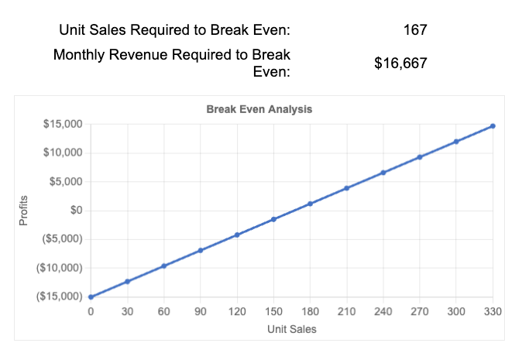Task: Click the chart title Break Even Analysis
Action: pos(259,109)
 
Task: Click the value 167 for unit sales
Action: pos(415,30)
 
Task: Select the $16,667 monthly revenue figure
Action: pos(400,63)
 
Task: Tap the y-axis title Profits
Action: pos(23,210)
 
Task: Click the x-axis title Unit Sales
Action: pos(291,329)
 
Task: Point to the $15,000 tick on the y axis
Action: pos(64,124)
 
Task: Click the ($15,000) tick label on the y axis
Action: pos(60,297)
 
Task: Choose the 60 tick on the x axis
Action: pos(163,311)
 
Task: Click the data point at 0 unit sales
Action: pos(91,297)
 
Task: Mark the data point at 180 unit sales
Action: pos(310,204)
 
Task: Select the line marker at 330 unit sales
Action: pos(493,125)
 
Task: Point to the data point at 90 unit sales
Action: pos(201,250)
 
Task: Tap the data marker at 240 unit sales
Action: pos(383,173)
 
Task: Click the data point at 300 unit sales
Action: pos(456,142)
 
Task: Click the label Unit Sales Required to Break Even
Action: pos(175,31)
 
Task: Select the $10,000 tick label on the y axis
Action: pos(64,153)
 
